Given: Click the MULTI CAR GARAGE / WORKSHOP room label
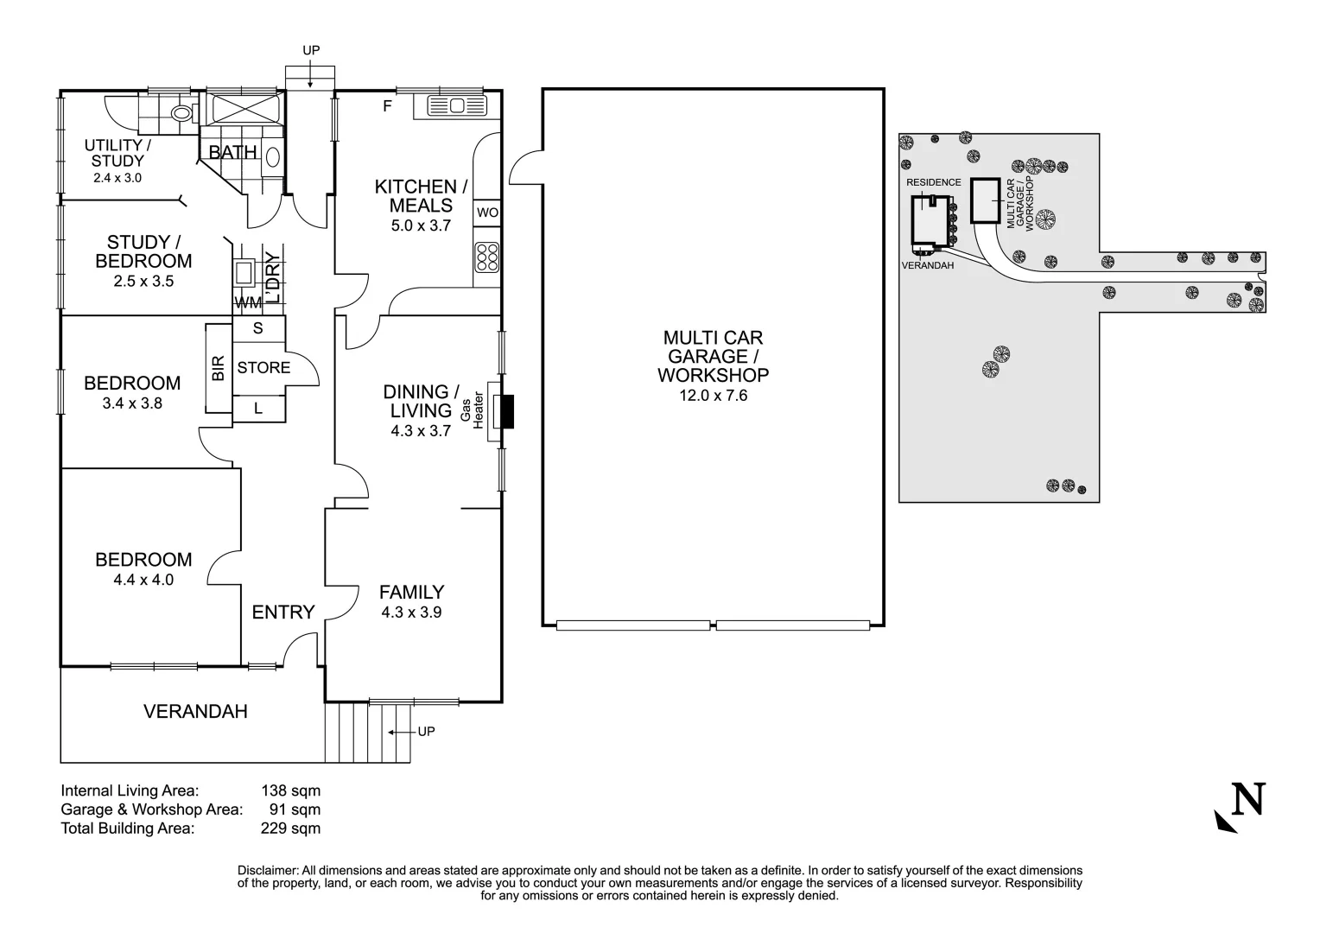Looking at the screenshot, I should coord(713,356).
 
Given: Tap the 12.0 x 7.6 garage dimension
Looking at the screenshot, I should coord(713,396).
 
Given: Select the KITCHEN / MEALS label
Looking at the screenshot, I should coord(421,196).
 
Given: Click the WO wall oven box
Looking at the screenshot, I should coord(487,213).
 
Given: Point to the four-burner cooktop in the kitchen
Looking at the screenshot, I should coord(487,257).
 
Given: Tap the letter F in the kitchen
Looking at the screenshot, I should coord(388,107).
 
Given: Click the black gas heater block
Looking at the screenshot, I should coord(507,412).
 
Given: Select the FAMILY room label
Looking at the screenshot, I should coord(412,592).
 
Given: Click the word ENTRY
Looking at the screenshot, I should coord(283,612).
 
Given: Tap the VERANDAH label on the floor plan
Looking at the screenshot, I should coord(195,712).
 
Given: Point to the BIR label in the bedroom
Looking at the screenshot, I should coord(219,369).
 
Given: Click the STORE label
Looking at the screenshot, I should coord(263,368).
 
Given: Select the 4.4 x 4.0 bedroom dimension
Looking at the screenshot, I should coord(143,580).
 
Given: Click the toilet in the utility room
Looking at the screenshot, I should coord(181,113).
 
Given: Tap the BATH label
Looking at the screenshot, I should coord(232,153).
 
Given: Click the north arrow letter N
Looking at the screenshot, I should coord(1247,799).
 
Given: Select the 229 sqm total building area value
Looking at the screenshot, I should coord(290,828).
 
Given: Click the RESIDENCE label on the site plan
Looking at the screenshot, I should coord(933,182).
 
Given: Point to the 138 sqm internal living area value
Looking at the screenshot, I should coord(290,790).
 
